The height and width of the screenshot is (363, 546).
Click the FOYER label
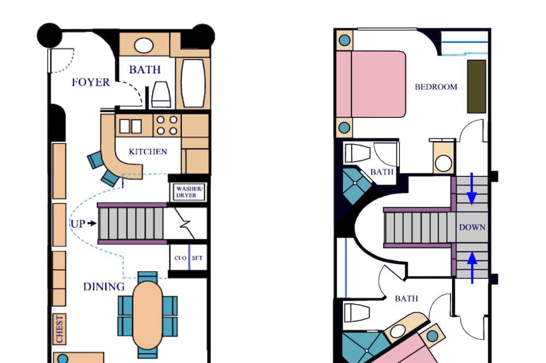(91, 82)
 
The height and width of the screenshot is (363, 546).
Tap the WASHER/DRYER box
(189, 192)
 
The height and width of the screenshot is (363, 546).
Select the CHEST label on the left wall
(59, 329)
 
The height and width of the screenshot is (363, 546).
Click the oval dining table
(147, 315)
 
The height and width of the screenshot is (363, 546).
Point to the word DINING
(104, 287)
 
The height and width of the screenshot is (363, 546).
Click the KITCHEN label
(147, 152)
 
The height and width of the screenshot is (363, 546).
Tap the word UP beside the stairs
(78, 223)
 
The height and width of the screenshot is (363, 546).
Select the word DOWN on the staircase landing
(472, 227)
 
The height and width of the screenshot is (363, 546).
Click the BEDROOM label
(436, 87)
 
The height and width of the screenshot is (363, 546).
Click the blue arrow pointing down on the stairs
(472, 188)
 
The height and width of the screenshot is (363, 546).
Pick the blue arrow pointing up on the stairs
(472, 268)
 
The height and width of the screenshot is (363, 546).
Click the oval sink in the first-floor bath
(144, 46)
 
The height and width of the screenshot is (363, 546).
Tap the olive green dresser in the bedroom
(476, 87)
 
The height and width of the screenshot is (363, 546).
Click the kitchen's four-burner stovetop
(167, 125)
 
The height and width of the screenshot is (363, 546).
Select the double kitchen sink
(130, 126)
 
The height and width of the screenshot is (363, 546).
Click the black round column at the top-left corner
(50, 35)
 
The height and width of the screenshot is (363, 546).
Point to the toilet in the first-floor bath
(161, 95)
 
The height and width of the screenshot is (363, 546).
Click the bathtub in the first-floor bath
(193, 83)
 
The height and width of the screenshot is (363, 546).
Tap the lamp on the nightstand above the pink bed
(345, 40)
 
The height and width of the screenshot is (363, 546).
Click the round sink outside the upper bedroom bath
(443, 164)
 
